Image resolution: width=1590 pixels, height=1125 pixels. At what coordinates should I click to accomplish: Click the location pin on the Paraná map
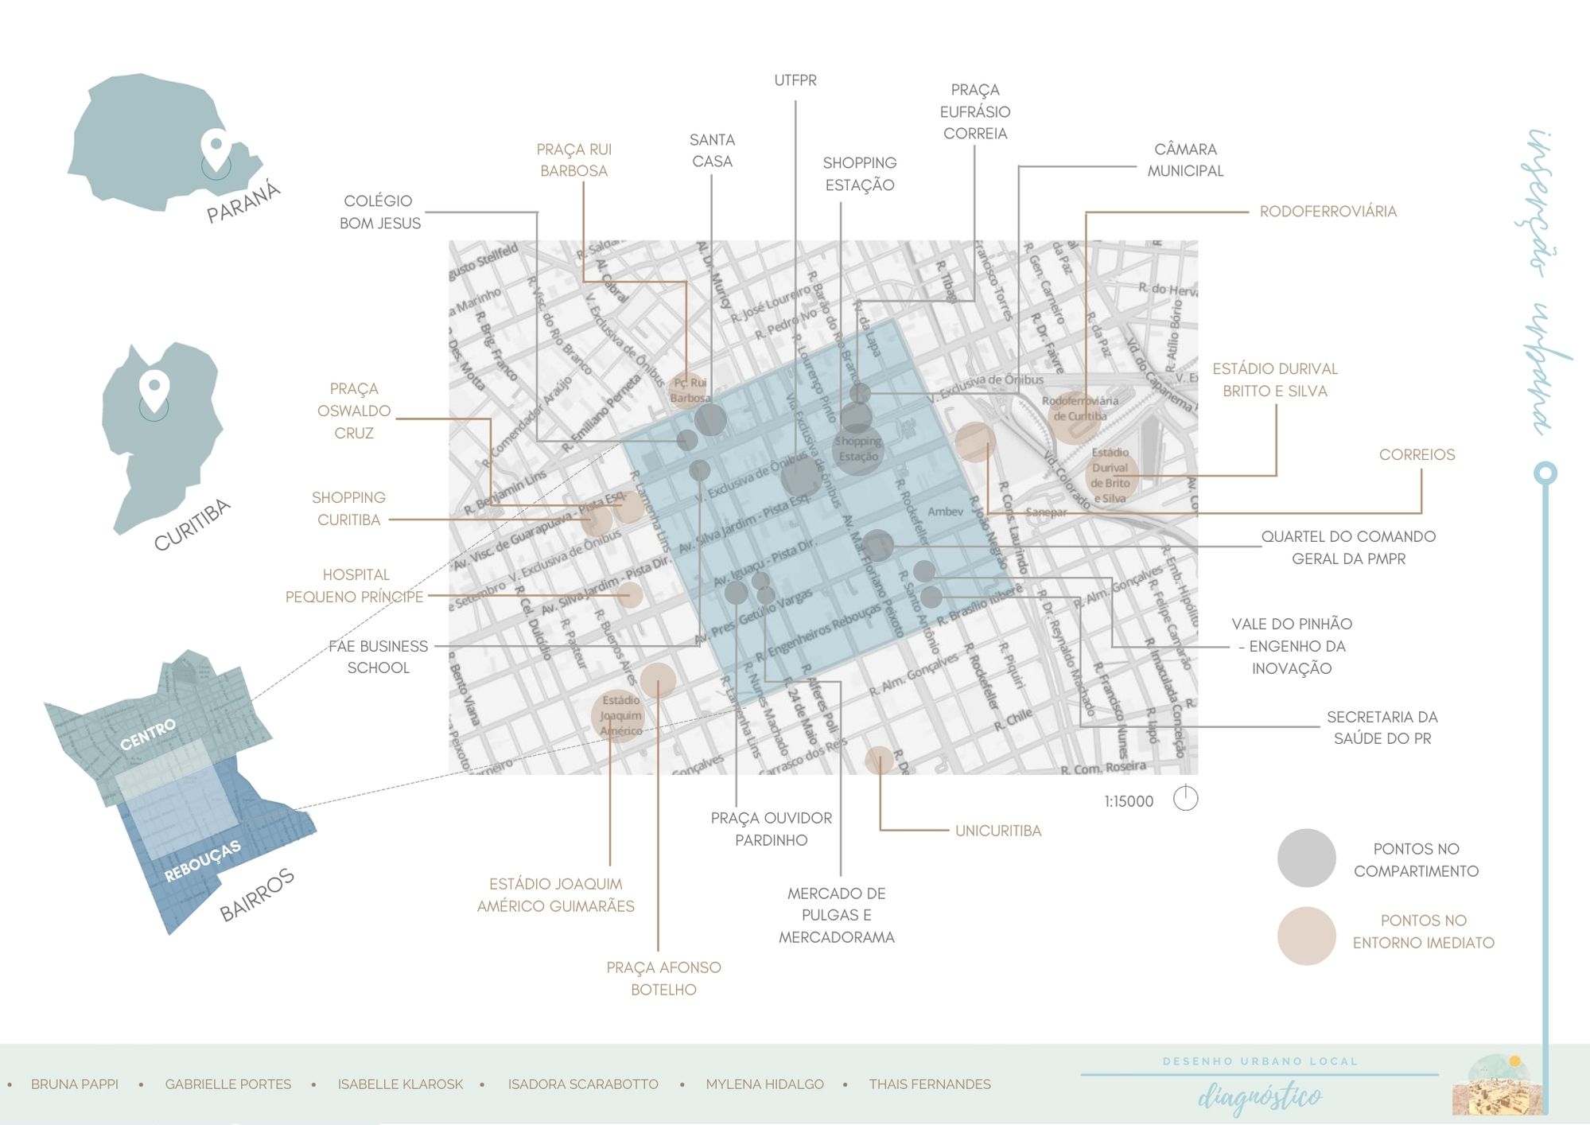coord(216,147)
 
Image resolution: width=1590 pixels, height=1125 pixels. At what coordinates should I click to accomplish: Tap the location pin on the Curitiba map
coord(154,387)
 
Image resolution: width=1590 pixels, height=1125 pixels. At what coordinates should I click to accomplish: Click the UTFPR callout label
coord(795,80)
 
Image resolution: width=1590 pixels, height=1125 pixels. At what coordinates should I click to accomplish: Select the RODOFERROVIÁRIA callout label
coord(1328,212)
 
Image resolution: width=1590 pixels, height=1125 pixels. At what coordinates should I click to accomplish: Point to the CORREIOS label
coord(1417,455)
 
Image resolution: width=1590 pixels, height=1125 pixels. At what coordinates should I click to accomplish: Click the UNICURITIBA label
coord(997,831)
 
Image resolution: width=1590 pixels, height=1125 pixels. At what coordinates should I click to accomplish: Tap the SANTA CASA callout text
coord(712,150)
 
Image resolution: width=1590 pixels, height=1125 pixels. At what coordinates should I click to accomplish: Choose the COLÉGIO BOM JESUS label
coord(379,212)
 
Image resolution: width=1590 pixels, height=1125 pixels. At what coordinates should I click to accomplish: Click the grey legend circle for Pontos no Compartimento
coord(1306,858)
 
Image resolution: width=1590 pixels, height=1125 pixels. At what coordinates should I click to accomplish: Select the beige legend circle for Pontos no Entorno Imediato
coord(1306,936)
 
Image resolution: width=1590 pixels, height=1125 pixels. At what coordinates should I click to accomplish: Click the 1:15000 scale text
coord(1128,801)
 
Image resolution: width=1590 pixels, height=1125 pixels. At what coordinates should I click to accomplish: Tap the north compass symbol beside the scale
coord(1185,798)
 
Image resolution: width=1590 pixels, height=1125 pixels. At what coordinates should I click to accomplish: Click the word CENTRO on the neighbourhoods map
coord(148,734)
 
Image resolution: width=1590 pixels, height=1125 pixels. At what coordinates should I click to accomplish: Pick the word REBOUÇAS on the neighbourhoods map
coord(202,861)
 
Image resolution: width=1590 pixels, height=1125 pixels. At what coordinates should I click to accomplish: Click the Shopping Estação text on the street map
coord(858,449)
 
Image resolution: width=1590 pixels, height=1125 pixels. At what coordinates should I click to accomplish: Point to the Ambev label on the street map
coord(945,512)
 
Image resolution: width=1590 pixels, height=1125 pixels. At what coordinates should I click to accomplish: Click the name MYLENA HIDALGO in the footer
coord(764,1084)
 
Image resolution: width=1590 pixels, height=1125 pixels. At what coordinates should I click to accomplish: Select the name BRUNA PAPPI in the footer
coord(75,1084)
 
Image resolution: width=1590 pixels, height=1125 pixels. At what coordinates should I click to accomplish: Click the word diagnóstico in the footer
coord(1260,1097)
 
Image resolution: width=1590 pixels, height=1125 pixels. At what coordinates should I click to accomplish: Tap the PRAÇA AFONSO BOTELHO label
coord(663,979)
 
